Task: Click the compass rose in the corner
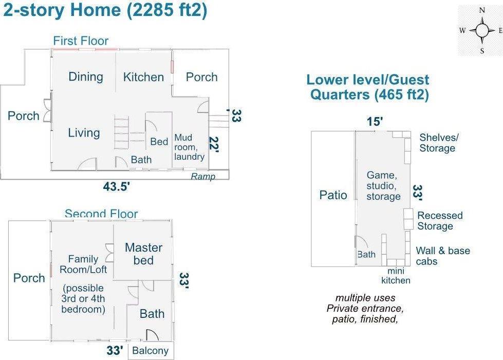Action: tap(481, 31)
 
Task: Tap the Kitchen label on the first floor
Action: tap(143, 77)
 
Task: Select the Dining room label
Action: tap(86, 77)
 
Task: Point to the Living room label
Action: tap(84, 132)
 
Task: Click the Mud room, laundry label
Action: tap(189, 147)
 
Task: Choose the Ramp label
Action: tap(203, 176)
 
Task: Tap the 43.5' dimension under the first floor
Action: tap(117, 186)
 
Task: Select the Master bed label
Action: tap(143, 254)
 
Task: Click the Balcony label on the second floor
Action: tap(150, 351)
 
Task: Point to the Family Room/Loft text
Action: tap(83, 264)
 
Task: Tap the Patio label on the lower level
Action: tap(333, 195)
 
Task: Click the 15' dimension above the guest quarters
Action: tap(375, 122)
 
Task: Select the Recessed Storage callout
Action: tap(440, 220)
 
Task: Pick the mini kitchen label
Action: tap(396, 276)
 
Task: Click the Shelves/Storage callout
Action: tap(439, 143)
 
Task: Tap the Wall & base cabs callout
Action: tap(443, 256)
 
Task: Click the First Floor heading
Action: tap(81, 41)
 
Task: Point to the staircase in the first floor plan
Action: tap(122, 132)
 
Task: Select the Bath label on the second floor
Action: tap(152, 313)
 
